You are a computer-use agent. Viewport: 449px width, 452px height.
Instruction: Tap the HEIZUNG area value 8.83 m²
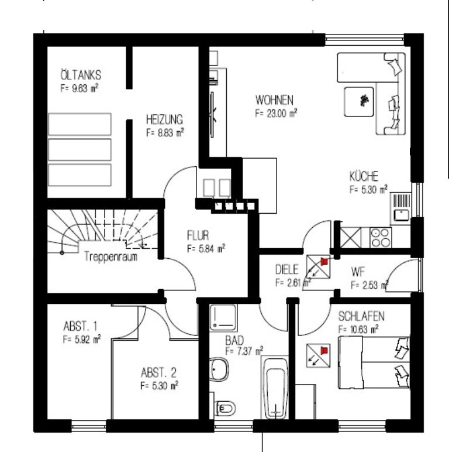click(165, 132)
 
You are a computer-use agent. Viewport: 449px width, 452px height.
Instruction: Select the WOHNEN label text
click(274, 100)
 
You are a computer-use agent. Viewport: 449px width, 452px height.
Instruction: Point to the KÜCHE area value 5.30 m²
click(368, 189)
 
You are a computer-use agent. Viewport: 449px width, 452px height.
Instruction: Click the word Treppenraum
click(111, 256)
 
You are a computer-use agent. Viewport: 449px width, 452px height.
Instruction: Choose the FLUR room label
click(198, 235)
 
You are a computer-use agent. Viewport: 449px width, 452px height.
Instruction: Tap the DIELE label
click(287, 269)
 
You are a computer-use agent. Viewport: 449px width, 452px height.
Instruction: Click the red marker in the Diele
click(324, 262)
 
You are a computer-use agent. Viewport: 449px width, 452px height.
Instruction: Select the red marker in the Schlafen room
click(324, 351)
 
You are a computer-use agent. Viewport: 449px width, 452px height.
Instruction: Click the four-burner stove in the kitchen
click(381, 238)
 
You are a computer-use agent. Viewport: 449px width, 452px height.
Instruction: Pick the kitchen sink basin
click(401, 215)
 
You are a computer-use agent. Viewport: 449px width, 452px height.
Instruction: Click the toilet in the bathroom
click(225, 409)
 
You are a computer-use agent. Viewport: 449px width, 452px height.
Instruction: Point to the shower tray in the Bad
click(223, 317)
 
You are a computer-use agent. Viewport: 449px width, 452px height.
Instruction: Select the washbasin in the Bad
click(219, 369)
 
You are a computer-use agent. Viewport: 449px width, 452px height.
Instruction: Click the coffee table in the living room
click(359, 102)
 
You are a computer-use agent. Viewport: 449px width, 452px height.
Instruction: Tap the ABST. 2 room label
click(158, 373)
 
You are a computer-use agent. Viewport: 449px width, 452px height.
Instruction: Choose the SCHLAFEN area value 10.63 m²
click(358, 329)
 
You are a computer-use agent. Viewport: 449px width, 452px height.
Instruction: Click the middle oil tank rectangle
click(80, 150)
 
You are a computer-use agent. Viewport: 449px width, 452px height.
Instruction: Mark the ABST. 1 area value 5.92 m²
click(82, 339)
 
